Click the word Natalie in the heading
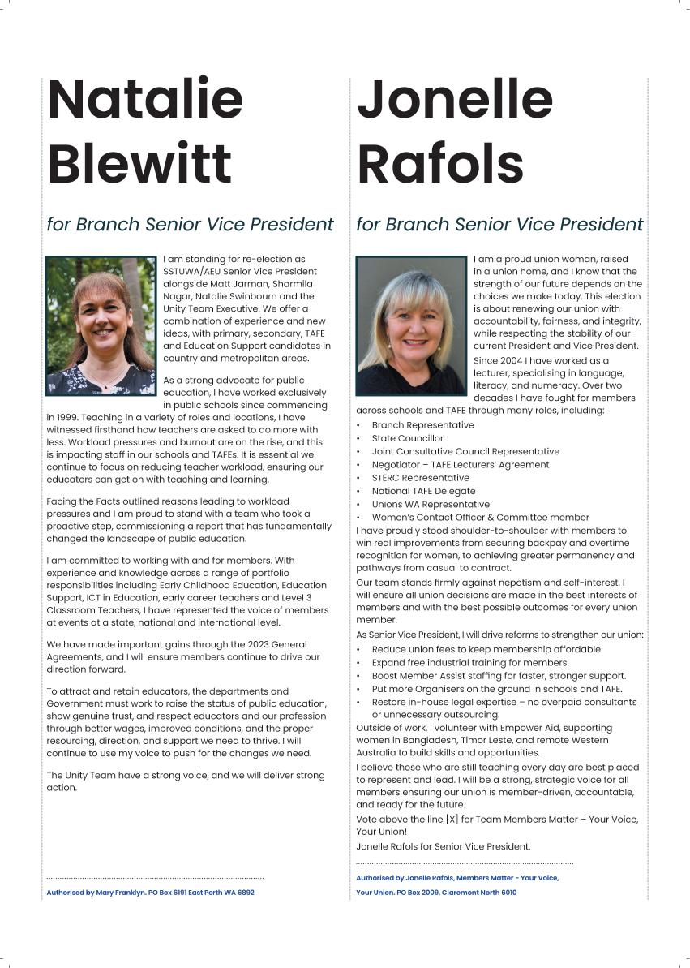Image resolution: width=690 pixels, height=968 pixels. pyautogui.click(x=146, y=100)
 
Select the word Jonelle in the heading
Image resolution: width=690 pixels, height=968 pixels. pyautogui.click(x=455, y=100)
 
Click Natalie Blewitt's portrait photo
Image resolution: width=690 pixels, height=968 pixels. pyautogui.click(x=101, y=325)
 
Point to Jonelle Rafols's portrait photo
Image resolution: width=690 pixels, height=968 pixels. pyautogui.click(x=411, y=325)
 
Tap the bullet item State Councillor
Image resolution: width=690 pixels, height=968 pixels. pyautogui.click(x=407, y=438)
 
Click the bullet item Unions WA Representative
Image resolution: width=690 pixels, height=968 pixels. pyautogui.click(x=431, y=504)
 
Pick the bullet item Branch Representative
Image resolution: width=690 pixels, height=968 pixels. pyautogui.click(x=422, y=425)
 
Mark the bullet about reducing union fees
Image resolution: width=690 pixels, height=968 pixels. pyautogui.click(x=486, y=649)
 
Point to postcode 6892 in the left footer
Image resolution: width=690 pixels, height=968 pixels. pyautogui.click(x=244, y=893)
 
